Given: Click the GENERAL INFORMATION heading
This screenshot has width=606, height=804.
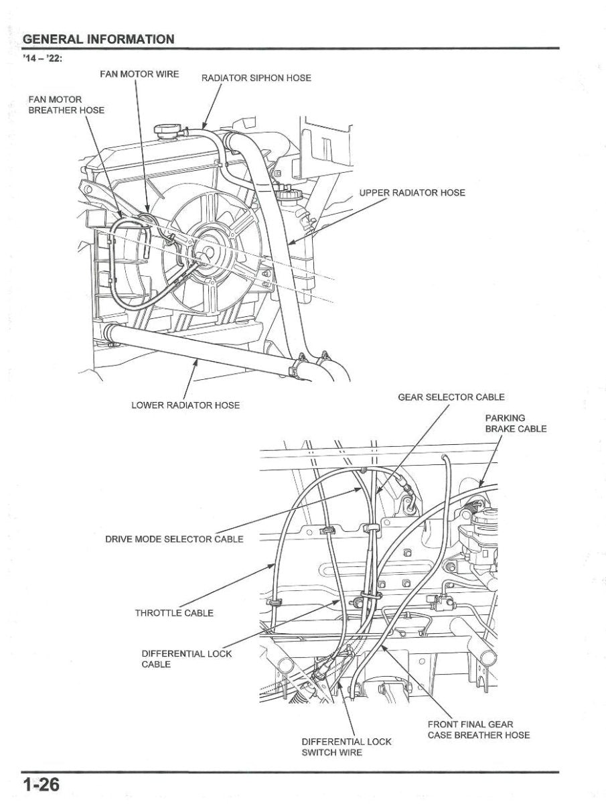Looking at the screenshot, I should [x=98, y=39].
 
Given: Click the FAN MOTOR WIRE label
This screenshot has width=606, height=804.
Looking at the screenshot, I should [x=139, y=74].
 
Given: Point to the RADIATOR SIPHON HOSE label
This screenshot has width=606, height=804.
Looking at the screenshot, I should [x=256, y=78].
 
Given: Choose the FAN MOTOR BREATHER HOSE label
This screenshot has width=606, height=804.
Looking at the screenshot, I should [x=66, y=105].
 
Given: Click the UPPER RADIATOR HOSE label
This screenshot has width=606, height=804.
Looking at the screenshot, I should [x=412, y=193].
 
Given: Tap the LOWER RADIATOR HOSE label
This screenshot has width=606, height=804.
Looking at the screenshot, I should [x=185, y=405].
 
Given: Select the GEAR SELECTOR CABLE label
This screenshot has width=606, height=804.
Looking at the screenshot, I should [x=451, y=397].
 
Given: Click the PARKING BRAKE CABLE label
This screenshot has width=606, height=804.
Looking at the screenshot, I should [x=515, y=423].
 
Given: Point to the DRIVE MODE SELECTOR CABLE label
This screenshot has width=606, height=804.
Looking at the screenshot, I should [x=174, y=539].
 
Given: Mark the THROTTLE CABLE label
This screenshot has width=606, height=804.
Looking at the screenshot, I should [x=174, y=613].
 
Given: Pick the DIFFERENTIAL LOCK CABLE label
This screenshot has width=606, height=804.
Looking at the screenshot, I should [x=186, y=659].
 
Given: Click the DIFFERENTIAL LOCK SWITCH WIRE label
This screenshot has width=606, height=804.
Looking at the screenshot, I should [x=346, y=747].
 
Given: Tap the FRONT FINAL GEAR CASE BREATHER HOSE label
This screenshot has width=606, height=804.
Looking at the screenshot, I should [x=478, y=730].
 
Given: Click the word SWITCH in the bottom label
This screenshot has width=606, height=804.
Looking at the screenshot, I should [x=322, y=752].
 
